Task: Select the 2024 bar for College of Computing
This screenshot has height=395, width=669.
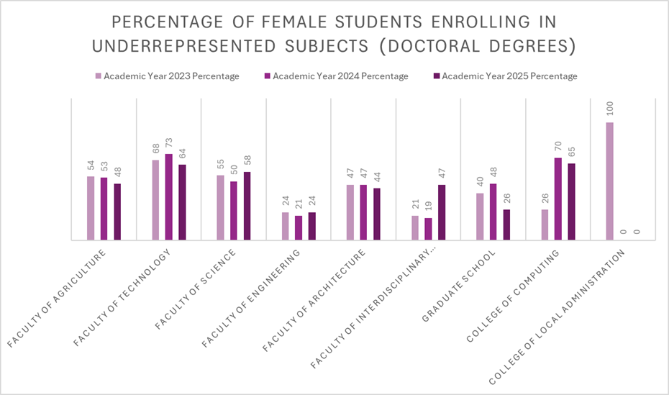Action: click(x=557, y=199)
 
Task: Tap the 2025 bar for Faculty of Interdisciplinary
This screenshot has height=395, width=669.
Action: click(x=441, y=212)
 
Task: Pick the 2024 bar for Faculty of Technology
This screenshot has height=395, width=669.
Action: click(x=168, y=196)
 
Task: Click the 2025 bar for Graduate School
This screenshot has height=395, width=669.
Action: click(x=506, y=224)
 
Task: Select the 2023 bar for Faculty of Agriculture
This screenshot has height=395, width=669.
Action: click(x=91, y=208)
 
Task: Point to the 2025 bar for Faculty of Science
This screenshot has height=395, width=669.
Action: click(x=247, y=206)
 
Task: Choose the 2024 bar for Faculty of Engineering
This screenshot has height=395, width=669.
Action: click(x=299, y=227)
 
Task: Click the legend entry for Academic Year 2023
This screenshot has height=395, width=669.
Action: click(x=171, y=76)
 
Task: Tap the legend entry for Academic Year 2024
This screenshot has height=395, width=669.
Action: click(x=340, y=76)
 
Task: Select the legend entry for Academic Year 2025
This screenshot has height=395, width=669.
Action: click(x=509, y=76)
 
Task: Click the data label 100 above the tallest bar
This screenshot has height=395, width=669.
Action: click(x=610, y=110)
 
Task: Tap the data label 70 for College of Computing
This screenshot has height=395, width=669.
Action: click(x=557, y=146)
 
